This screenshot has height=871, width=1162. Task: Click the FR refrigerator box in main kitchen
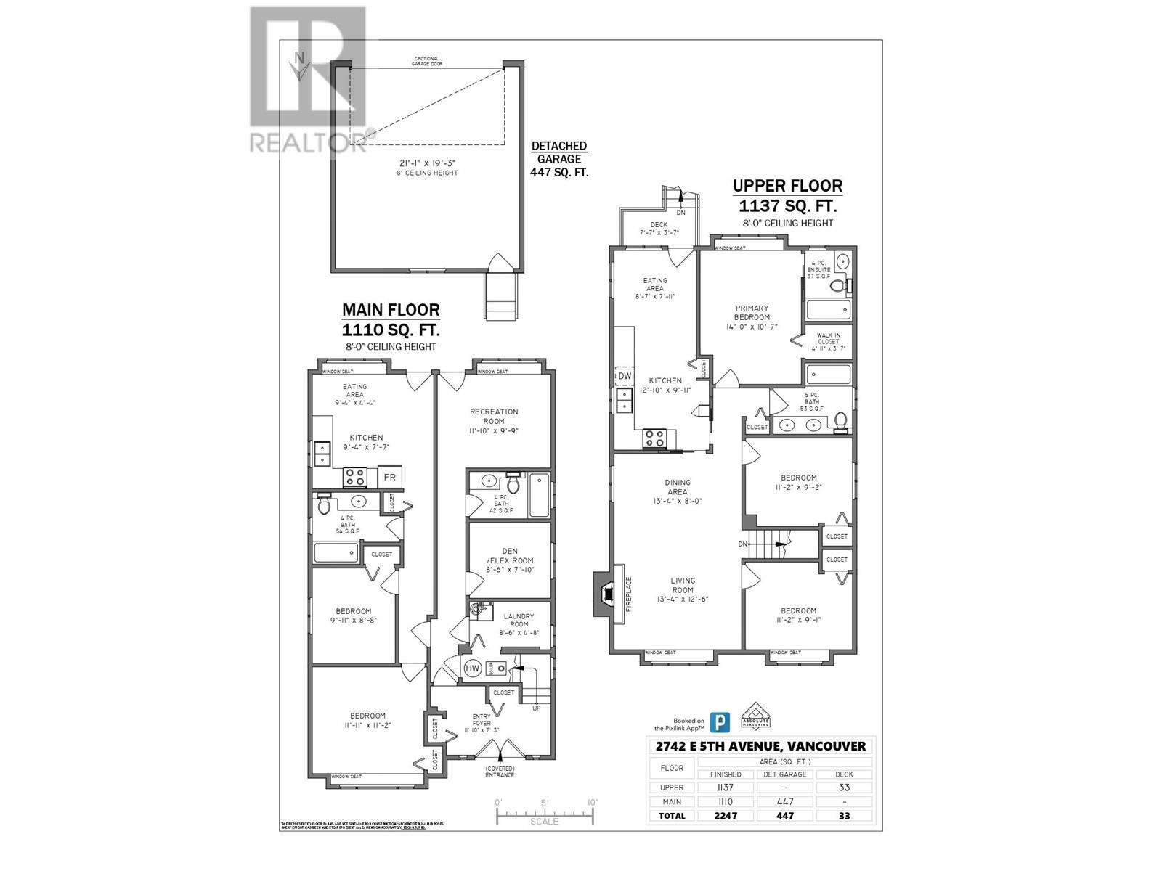point(389,477)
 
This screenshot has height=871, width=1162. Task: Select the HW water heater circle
point(473,668)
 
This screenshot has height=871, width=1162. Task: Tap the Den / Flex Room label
point(509,560)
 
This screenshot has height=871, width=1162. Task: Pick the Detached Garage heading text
point(558,152)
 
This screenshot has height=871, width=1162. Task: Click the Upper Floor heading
point(787,186)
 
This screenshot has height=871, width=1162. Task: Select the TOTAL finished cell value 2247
point(725,815)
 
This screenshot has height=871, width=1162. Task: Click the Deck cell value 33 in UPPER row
point(844,788)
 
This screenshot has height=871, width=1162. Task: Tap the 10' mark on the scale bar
point(593,803)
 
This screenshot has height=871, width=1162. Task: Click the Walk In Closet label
point(828,341)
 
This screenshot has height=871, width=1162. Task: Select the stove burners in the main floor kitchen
point(354,477)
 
